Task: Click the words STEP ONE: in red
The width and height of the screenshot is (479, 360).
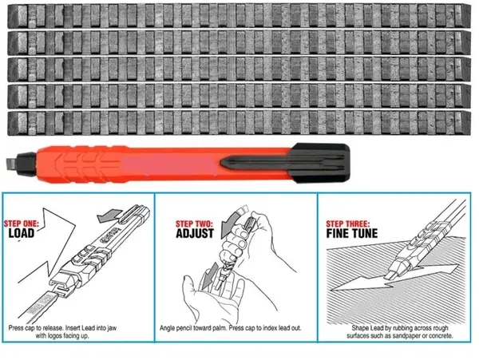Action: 22,224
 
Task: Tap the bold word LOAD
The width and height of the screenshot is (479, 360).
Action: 22,233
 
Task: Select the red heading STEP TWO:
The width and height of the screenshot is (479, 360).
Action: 194,224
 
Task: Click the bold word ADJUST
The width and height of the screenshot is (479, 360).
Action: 195,233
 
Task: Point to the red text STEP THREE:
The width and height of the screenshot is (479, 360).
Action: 347,224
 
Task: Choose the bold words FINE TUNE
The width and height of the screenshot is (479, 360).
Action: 352,233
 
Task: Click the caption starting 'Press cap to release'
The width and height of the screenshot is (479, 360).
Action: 62,332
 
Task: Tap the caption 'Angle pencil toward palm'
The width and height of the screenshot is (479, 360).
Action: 231,328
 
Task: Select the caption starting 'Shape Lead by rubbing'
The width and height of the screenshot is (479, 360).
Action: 400,332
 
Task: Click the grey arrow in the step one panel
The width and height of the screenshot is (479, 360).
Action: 109,216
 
